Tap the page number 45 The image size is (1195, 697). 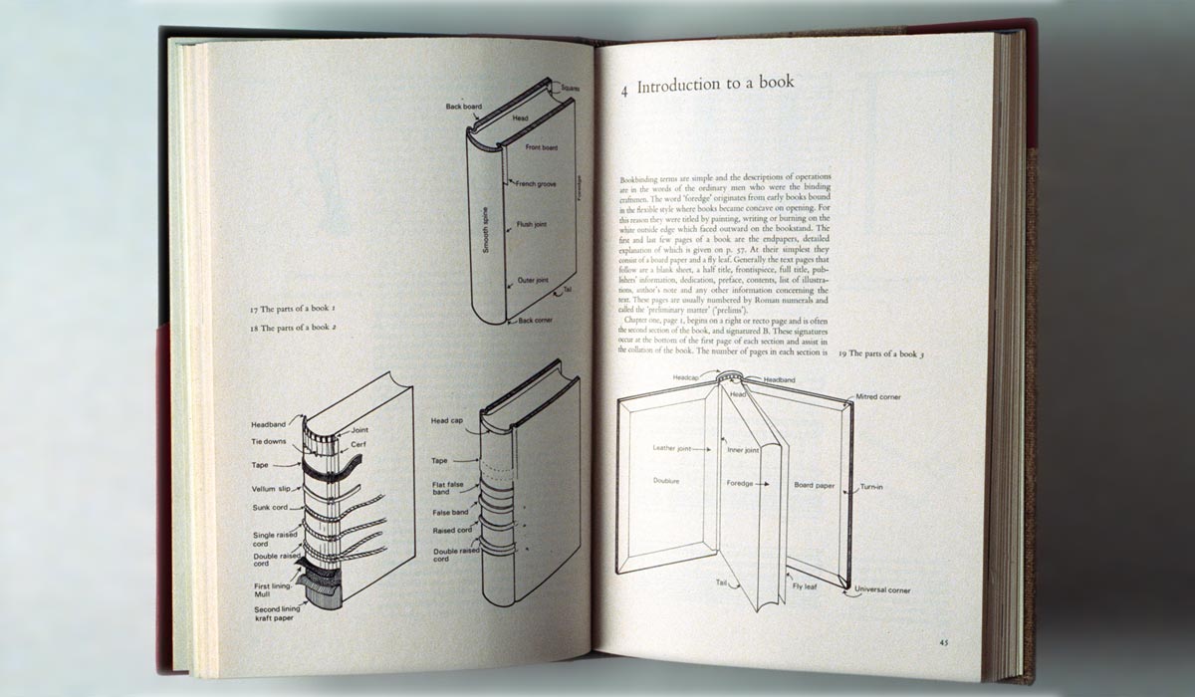pos(943,642)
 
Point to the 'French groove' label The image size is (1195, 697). pos(535,183)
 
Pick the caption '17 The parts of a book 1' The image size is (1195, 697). pos(292,310)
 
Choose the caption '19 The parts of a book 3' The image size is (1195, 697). pos(881,354)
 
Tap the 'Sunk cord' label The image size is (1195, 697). pos(270,507)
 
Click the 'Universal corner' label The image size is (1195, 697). pos(882,590)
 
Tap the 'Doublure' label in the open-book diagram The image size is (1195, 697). pos(666,480)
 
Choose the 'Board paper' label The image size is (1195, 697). pos(815,485)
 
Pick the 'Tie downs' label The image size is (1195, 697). pos(269,441)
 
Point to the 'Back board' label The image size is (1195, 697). pos(464,105)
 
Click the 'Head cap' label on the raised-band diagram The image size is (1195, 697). pos(446,421)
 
